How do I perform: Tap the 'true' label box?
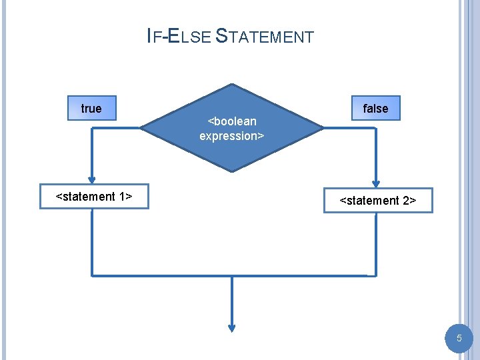[91, 109]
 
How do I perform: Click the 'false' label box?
[375, 109]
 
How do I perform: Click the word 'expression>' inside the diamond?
[232, 136]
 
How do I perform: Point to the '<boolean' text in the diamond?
[232, 121]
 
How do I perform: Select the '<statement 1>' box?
[94, 197]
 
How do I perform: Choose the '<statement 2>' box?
[378, 200]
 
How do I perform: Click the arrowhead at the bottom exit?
[232, 327]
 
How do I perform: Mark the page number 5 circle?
[459, 339]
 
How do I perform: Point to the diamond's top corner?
[232, 85]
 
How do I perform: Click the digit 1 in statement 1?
[124, 197]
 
